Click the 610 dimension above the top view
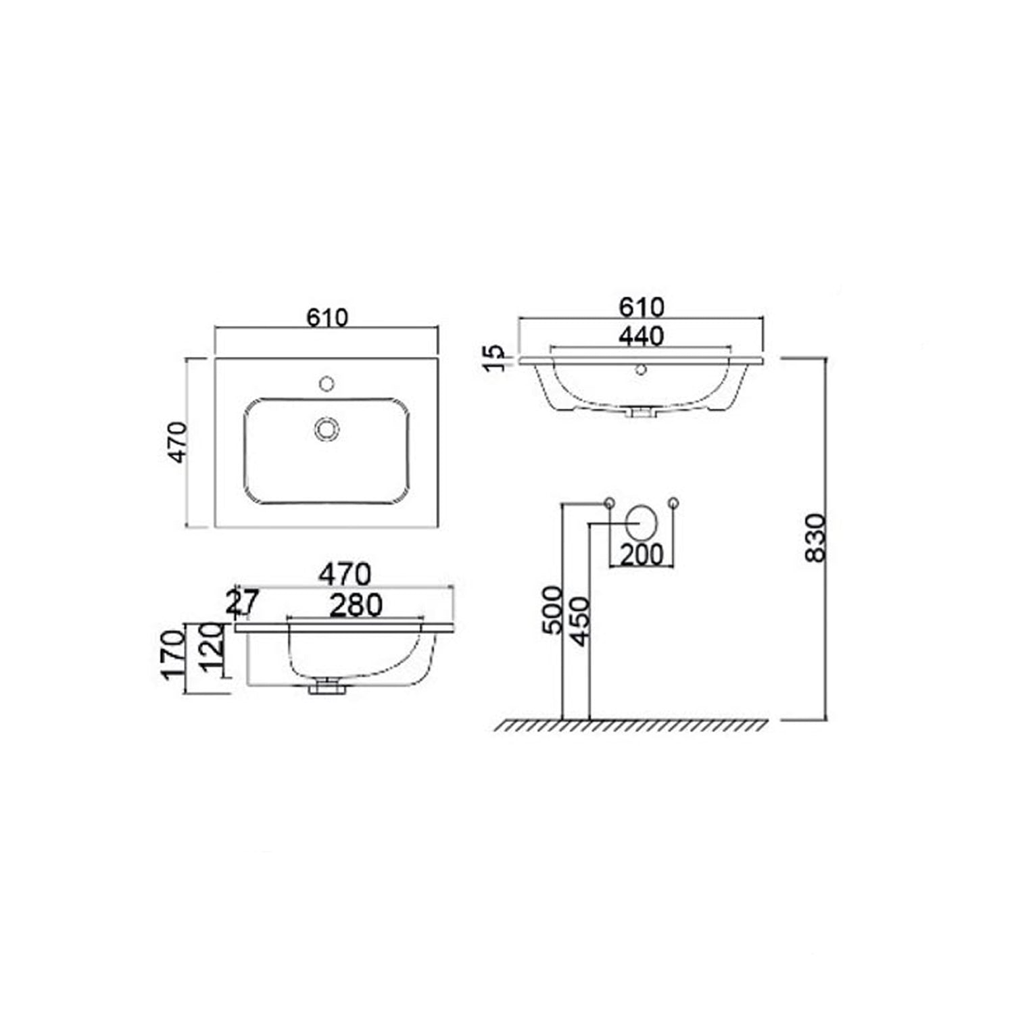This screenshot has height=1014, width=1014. click(327, 317)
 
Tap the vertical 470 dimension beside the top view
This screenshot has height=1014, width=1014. click(177, 442)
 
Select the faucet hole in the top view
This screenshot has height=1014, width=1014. click(327, 384)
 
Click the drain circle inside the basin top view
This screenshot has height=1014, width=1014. click(327, 429)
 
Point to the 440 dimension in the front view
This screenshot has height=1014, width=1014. click(641, 336)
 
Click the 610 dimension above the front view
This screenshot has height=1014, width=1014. click(641, 307)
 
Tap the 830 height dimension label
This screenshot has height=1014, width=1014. click(816, 537)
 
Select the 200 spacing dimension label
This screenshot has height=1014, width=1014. click(642, 555)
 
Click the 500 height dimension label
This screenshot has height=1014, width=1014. click(553, 610)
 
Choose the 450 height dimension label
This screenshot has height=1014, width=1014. click(580, 621)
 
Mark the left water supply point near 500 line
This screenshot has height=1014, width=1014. click(609, 502)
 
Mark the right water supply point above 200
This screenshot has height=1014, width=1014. click(673, 502)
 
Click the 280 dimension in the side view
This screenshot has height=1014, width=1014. click(356, 605)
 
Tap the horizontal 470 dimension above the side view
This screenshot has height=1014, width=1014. click(345, 575)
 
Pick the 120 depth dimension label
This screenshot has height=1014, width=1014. click(212, 649)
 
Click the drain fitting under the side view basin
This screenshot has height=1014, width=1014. click(327, 688)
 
